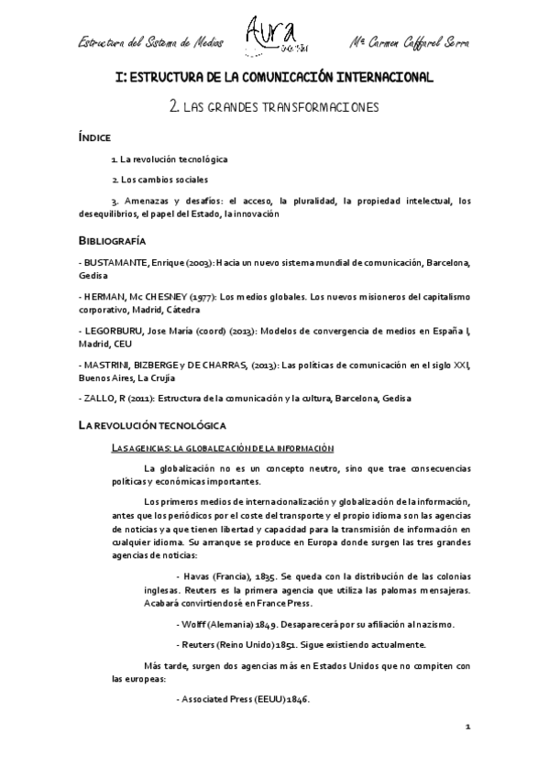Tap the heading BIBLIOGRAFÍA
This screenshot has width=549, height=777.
114,240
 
